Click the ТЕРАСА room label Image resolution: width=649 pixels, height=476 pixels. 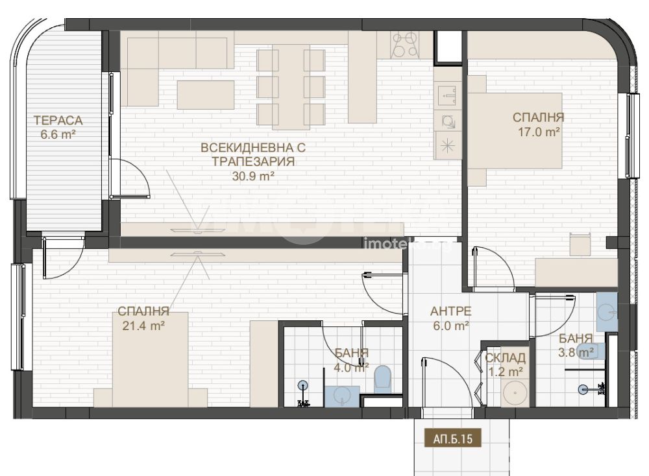point(58,121)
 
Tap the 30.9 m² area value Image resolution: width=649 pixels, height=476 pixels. point(253,176)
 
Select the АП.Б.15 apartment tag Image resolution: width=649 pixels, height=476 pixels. point(453,438)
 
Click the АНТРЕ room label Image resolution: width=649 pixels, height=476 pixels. point(451,311)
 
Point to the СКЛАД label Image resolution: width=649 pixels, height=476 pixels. point(506,358)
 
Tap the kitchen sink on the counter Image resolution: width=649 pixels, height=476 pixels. point(448,95)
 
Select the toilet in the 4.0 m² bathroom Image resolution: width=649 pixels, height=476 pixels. point(382,379)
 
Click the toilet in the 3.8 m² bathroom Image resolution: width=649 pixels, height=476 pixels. point(593,351)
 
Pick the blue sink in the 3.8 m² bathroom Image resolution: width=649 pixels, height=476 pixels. point(607,312)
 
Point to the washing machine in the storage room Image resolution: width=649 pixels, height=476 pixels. point(515,392)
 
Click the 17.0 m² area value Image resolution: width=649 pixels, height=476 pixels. point(539,132)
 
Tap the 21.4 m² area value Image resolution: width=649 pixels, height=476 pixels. point(143,326)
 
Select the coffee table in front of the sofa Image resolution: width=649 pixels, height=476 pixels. point(206,95)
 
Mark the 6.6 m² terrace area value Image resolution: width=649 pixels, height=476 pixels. point(58,134)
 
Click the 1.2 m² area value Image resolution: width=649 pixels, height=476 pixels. point(506,372)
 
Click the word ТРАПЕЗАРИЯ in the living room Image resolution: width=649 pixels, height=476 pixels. point(253,161)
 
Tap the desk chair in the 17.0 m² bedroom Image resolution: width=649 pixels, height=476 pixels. point(580,244)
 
